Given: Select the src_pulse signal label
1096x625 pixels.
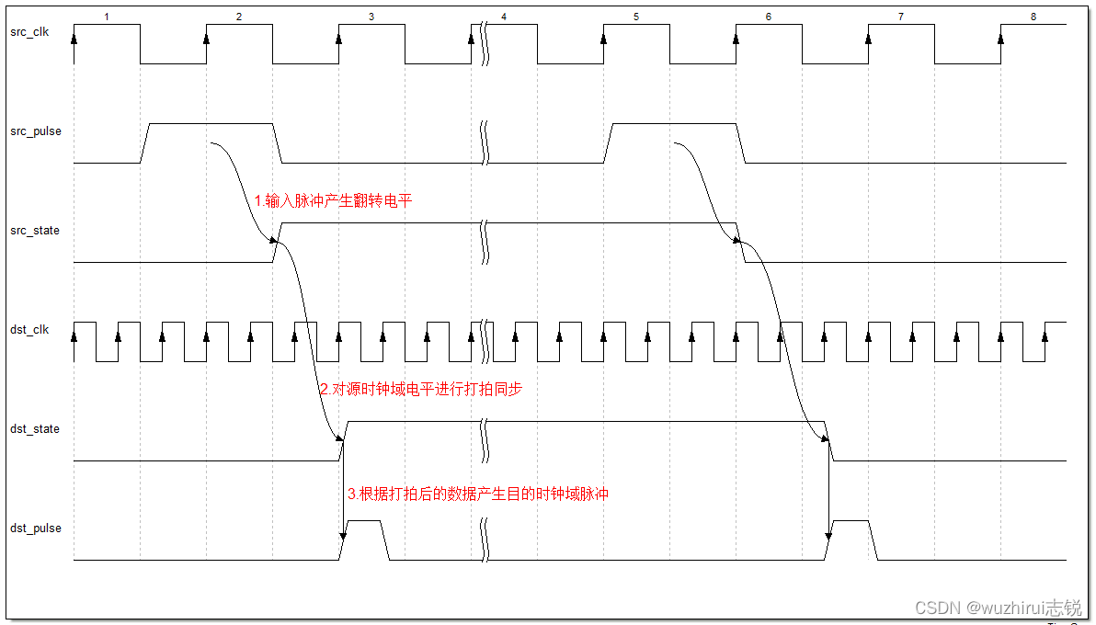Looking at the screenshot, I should pos(36,131).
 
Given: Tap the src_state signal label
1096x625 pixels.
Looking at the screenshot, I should pos(35,231).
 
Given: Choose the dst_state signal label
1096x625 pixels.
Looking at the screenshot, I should pos(35,429).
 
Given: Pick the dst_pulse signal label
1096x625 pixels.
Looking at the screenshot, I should pos(36,528).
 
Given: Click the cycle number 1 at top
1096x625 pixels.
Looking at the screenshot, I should pos(107,17).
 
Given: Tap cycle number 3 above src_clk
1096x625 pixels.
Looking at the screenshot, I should pos(371,17).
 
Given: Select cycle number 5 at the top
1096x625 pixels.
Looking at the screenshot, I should pos(636,17).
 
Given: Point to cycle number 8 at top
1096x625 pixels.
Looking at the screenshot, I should pos(1033,17).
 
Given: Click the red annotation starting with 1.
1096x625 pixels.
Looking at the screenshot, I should pos(334,200).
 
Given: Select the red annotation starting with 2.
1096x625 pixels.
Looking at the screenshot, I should pos(420,390).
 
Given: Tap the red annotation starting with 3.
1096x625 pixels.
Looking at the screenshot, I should pos(478,494).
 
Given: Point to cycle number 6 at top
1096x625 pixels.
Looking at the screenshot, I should pos(769,17).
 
